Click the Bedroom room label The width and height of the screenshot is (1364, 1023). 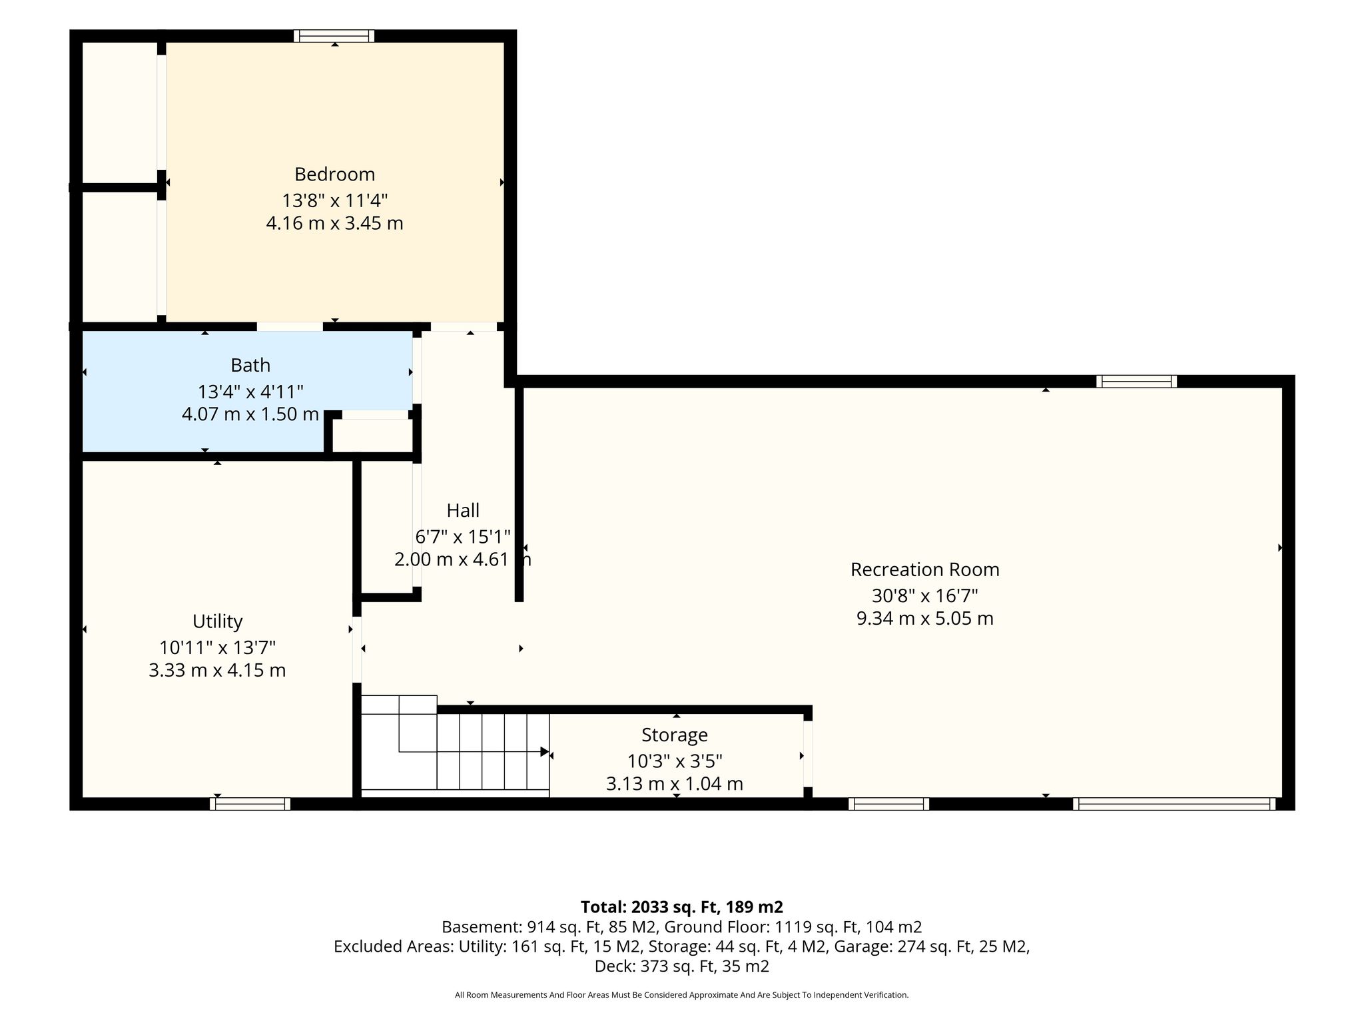click(334, 174)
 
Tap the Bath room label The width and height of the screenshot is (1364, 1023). click(250, 365)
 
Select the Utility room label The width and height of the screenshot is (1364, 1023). click(217, 621)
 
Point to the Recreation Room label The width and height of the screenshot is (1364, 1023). click(924, 569)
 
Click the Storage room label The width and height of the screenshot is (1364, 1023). click(674, 735)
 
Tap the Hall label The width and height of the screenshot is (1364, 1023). click(463, 510)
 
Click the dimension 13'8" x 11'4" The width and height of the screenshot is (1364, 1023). click(334, 200)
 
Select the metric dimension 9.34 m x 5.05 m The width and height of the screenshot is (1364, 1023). click(924, 619)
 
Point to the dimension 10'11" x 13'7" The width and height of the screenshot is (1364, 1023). click(217, 647)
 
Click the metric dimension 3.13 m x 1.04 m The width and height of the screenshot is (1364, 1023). click(674, 784)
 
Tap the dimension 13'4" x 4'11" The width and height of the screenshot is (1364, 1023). click(250, 391)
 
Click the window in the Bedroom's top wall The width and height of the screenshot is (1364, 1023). click(334, 36)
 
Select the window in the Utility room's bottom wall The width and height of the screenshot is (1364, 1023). click(250, 804)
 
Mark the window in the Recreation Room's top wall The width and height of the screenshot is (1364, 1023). click(1137, 382)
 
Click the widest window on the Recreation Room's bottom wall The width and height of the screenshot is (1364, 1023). click(1174, 804)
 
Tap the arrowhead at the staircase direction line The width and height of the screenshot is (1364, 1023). click(545, 752)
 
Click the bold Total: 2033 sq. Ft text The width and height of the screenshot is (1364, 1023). click(682, 907)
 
